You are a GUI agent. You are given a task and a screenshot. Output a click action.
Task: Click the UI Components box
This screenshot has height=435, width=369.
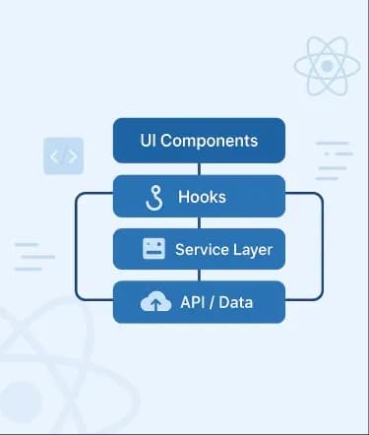[199, 141]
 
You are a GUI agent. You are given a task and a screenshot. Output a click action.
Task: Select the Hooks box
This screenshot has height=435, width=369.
[199, 196]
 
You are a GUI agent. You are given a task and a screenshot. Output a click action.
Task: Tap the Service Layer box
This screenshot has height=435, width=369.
[199, 249]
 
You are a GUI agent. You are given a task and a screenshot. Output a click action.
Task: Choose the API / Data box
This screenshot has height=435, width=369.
[199, 302]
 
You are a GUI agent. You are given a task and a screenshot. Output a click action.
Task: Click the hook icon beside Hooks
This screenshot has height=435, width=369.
[154, 198]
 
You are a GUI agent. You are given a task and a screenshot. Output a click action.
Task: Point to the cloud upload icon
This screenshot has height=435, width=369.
[155, 301]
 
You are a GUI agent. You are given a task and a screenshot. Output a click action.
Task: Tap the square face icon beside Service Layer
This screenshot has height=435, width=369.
[154, 249]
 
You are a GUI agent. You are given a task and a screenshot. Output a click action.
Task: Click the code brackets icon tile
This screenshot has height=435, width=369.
[63, 155]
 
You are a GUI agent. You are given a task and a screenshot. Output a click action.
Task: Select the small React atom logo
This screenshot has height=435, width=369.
[327, 66]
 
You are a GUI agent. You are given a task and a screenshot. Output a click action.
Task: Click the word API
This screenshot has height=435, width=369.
[193, 302]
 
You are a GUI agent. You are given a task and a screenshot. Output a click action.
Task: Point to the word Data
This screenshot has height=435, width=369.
[236, 302]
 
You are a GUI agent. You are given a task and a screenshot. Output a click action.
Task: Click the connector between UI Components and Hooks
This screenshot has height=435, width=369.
[200, 169]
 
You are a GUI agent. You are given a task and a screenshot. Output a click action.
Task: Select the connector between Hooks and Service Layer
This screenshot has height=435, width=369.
[200, 222]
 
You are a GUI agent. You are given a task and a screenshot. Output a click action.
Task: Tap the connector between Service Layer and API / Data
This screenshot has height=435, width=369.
[200, 276]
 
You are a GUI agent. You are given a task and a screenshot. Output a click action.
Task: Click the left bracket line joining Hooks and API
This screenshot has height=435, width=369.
[76, 246]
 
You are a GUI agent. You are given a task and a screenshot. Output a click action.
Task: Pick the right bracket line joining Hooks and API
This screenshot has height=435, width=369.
[323, 246]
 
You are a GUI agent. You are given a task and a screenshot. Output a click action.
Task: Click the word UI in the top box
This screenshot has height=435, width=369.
[148, 141]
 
